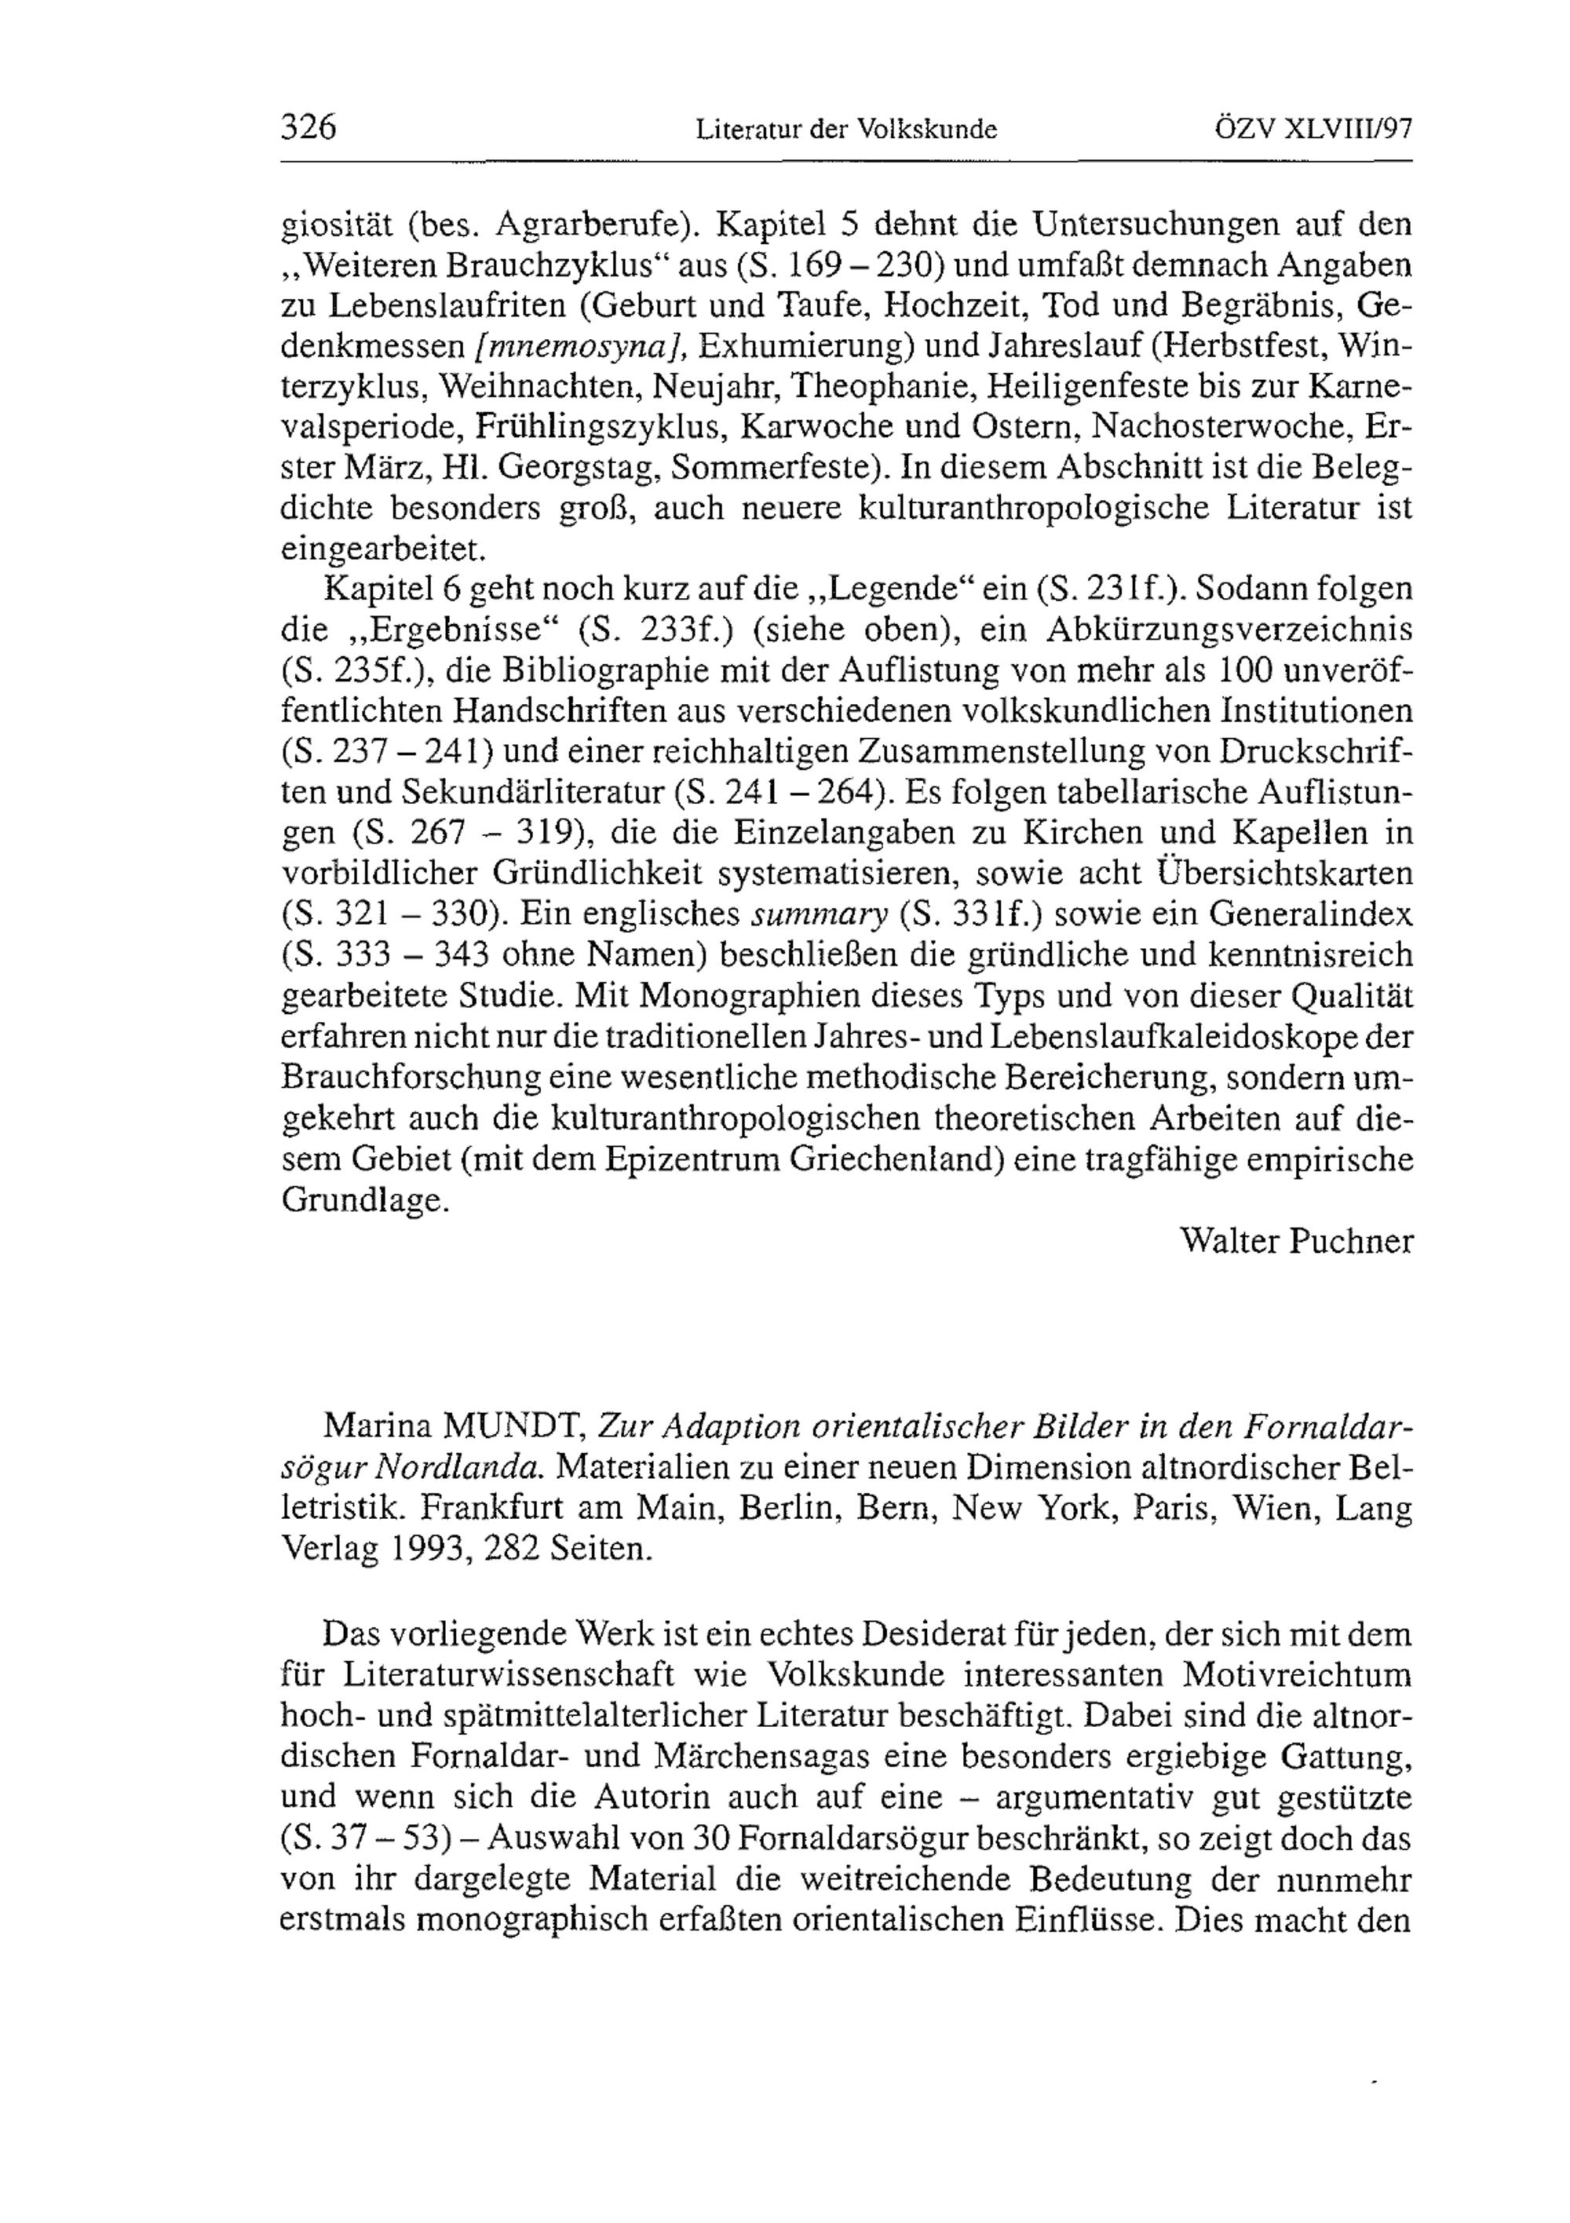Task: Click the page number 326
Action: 308,128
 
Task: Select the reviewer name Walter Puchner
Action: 1297,1240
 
